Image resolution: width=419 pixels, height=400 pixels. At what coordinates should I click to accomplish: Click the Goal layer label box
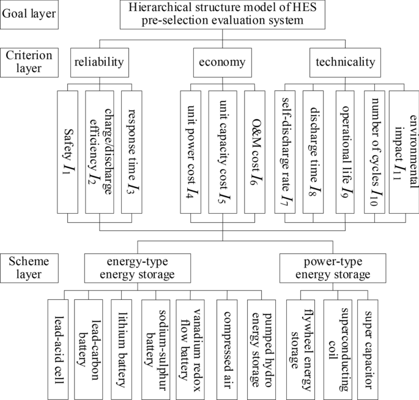(x=29, y=13)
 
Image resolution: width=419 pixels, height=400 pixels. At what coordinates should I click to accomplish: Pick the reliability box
(x=99, y=62)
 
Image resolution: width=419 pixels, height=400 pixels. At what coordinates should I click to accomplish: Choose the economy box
(x=221, y=62)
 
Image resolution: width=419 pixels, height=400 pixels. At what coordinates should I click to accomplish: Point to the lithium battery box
(x=124, y=345)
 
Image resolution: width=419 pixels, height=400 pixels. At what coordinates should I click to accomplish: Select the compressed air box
(x=228, y=345)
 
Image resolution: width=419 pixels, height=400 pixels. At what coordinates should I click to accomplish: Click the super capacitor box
(x=370, y=345)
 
